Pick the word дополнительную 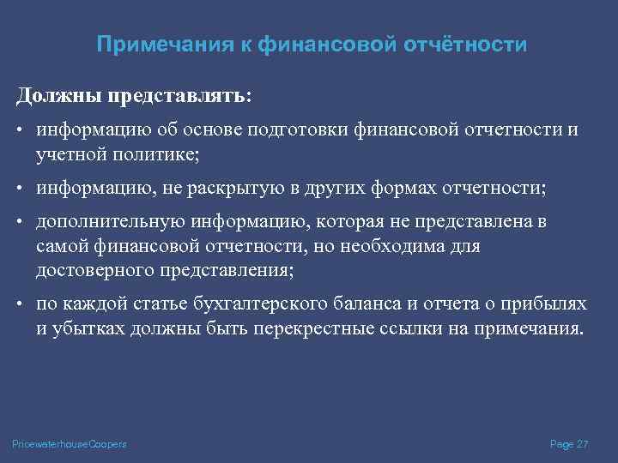(102, 223)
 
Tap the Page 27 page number (569, 442)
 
